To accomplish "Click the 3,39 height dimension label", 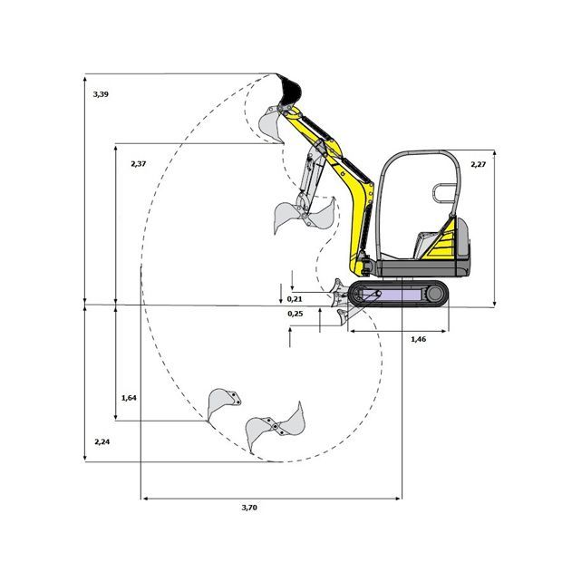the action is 101,94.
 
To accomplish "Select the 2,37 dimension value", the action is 139,164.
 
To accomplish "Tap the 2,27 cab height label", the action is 478,164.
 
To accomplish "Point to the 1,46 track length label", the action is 418,339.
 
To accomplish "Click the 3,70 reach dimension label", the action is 249,508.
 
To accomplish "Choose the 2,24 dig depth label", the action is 102,442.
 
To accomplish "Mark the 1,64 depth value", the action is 129,398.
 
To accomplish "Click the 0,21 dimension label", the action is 295,299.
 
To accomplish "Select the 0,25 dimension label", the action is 295,314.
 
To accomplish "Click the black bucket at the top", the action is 289,91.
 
